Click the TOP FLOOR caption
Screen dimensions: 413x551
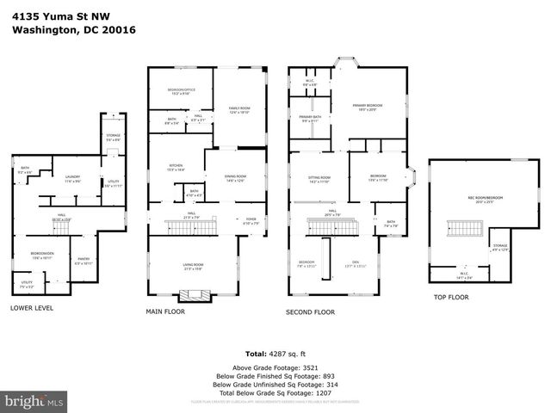(x=451, y=296)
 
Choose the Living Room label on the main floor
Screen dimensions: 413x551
(x=192, y=266)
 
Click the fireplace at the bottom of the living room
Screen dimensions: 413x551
(x=197, y=295)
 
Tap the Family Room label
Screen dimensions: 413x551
(x=238, y=110)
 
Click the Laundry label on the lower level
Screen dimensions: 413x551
(x=72, y=180)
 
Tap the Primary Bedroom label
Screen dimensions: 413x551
(x=367, y=107)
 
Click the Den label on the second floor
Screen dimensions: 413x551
(x=355, y=265)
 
